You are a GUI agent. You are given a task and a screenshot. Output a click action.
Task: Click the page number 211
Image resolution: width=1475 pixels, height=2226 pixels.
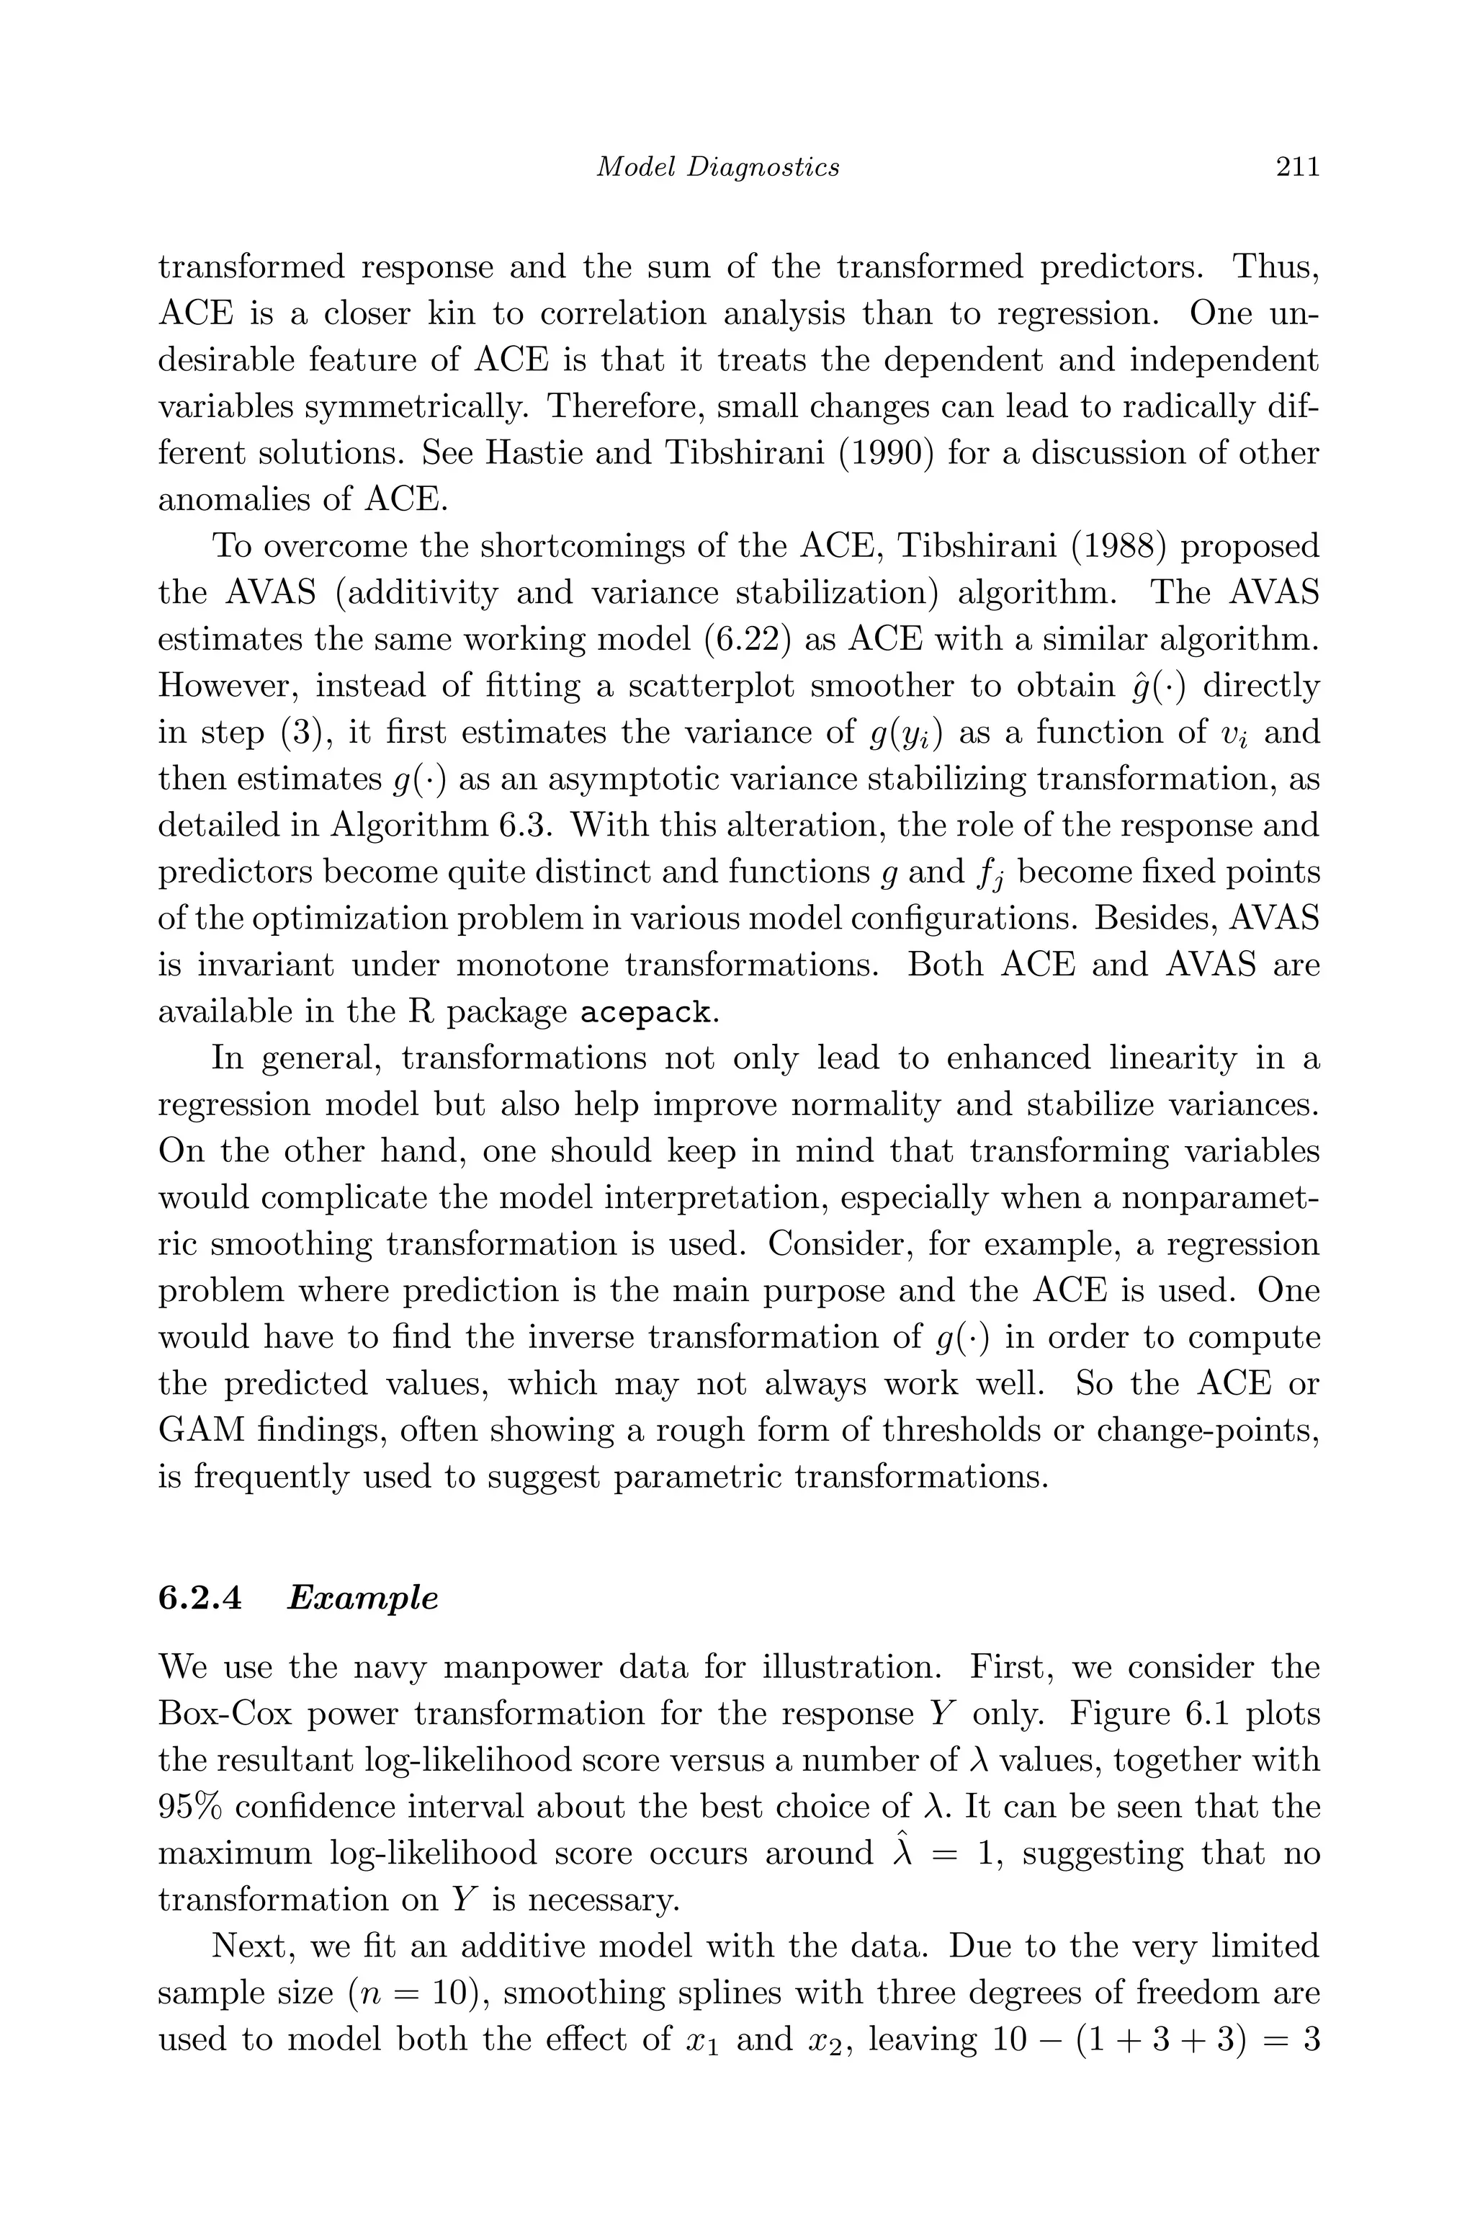[1297, 167]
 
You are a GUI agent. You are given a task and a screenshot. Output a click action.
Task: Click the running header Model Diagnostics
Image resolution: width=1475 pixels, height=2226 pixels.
[719, 167]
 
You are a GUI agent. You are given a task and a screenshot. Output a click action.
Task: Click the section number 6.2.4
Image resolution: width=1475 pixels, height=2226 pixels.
[199, 1599]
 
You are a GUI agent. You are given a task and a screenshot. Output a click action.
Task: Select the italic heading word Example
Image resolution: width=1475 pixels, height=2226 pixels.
[362, 1599]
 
